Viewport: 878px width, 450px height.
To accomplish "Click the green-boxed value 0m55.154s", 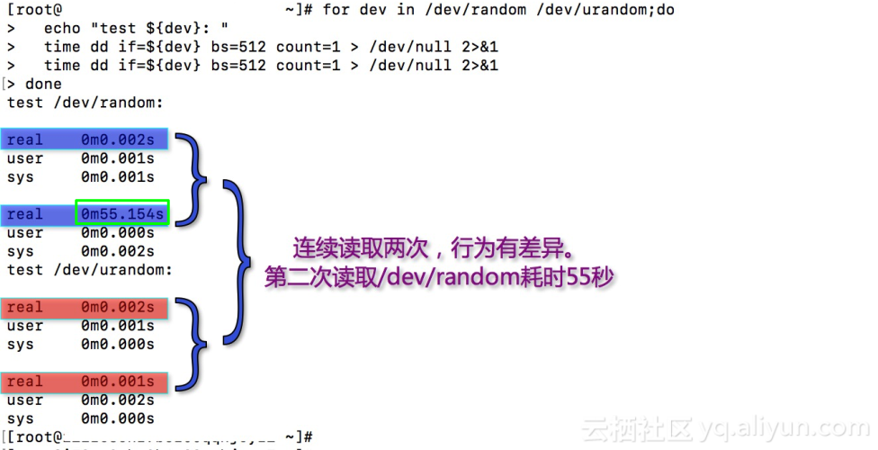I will pos(122,214).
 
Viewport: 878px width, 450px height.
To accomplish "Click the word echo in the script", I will pos(62,27).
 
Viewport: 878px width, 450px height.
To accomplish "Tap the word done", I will pos(43,84).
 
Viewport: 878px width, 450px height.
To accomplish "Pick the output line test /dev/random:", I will pos(85,103).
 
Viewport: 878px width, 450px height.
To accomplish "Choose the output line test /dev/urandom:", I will pos(90,270).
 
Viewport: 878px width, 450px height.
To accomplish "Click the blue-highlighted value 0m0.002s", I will pos(117,140).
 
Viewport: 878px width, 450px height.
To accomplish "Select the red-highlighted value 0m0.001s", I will pos(117,382).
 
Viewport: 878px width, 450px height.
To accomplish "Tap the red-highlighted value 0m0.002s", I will pos(117,308).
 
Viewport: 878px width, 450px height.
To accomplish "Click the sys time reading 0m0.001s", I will pos(117,177).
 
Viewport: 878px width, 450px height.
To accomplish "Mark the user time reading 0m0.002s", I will pos(117,400).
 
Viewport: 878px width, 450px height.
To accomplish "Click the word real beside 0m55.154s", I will pos(25,214).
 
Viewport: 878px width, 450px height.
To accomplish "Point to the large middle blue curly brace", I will pos(238,261).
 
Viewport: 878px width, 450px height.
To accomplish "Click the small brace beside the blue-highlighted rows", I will pos(191,177).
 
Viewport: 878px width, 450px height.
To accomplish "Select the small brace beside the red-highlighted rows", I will pos(191,345).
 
